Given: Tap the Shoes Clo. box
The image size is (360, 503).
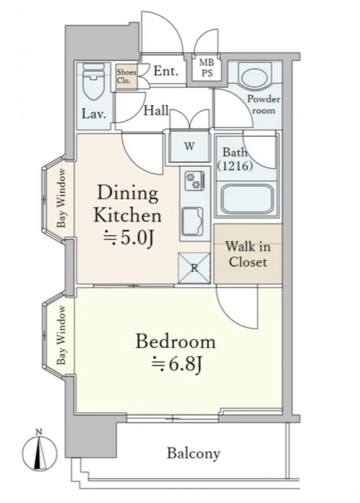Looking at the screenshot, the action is pyautogui.click(x=127, y=77).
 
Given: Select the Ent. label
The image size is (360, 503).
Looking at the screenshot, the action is pyautogui.click(x=166, y=71).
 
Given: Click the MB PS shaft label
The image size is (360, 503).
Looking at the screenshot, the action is pyautogui.click(x=207, y=67).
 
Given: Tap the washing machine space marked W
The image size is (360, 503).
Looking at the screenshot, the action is pyautogui.click(x=189, y=146).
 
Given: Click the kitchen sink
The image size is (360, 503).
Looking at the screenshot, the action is pyautogui.click(x=193, y=222).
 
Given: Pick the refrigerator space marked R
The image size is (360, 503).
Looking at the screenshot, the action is pyautogui.click(x=194, y=268).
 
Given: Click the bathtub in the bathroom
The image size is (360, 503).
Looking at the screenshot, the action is pyautogui.click(x=247, y=199).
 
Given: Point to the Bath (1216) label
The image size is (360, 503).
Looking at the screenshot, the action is pyautogui.click(x=235, y=159).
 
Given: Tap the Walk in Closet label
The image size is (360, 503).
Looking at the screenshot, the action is pyautogui.click(x=247, y=255).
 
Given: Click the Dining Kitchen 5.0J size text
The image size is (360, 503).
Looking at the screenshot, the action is pyautogui.click(x=128, y=238).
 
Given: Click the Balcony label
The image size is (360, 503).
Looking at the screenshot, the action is pyautogui.click(x=194, y=453).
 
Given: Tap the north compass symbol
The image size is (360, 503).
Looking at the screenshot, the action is pyautogui.click(x=39, y=453).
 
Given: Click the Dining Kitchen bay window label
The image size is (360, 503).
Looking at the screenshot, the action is pyautogui.click(x=61, y=198).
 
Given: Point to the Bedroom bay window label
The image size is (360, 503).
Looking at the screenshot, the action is pyautogui.click(x=61, y=335).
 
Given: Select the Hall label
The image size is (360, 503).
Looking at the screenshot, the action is pyautogui.click(x=155, y=111).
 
